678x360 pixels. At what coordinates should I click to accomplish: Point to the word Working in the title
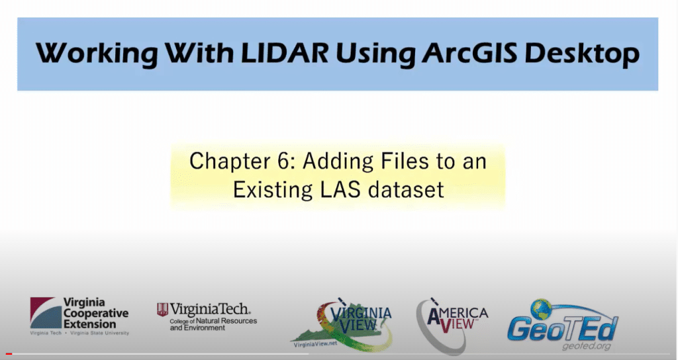tap(97, 54)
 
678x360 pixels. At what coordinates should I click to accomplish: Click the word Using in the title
tap(375, 54)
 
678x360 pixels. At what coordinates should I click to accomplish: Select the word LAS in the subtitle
tap(341, 190)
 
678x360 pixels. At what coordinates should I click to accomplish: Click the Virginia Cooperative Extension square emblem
tap(43, 313)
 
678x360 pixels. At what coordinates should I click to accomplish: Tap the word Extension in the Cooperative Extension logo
tap(89, 324)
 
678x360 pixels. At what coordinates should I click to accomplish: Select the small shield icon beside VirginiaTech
tap(162, 310)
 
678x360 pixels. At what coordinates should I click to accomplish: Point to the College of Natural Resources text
tap(213, 321)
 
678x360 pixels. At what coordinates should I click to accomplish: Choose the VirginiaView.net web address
tap(315, 344)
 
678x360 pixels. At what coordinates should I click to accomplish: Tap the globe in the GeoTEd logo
tap(541, 310)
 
